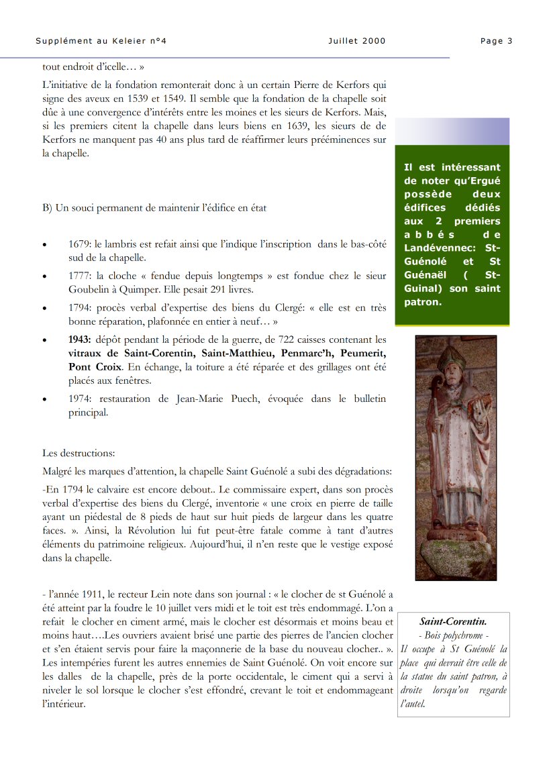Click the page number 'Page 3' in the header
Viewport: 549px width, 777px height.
(x=496, y=41)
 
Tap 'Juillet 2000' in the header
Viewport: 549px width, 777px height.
(x=357, y=41)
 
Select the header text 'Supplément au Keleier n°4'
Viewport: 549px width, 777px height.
(x=101, y=41)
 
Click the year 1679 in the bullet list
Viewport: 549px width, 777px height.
(x=80, y=244)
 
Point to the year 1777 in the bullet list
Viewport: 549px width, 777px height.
(x=80, y=276)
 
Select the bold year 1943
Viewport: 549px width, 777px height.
(x=81, y=340)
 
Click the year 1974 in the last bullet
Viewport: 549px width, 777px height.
(x=80, y=399)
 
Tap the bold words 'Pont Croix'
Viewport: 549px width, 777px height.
(x=95, y=367)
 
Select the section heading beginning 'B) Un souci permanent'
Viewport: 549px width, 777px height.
(x=154, y=207)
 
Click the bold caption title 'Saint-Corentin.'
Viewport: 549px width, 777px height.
(x=453, y=622)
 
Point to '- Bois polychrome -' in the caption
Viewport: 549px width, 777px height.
(x=453, y=635)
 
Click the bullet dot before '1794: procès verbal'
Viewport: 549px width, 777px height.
(x=45, y=309)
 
